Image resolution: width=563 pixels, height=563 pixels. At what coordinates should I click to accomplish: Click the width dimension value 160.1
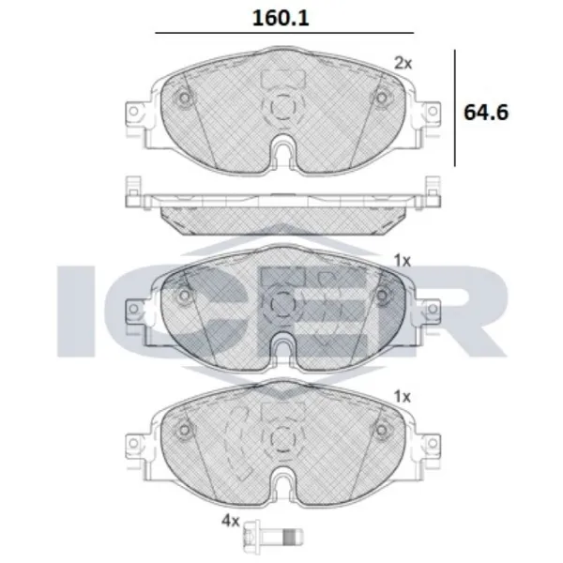(x=281, y=18)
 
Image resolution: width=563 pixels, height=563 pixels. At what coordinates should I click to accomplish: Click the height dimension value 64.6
(x=486, y=113)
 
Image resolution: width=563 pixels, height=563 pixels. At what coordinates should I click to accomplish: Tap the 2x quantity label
(x=403, y=64)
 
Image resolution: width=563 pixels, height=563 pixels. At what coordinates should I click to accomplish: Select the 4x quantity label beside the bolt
(x=230, y=521)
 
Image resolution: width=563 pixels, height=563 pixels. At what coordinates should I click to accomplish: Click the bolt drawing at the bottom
(x=273, y=537)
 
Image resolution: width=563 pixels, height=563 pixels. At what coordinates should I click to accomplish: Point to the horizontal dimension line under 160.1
(x=284, y=33)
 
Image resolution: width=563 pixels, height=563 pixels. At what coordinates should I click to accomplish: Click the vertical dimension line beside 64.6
(x=455, y=108)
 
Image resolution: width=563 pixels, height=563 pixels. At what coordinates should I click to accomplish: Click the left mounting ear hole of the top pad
(x=133, y=112)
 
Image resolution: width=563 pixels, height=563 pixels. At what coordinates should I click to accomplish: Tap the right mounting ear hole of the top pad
(x=433, y=112)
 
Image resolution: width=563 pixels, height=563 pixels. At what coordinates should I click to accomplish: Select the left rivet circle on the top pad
(x=185, y=98)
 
